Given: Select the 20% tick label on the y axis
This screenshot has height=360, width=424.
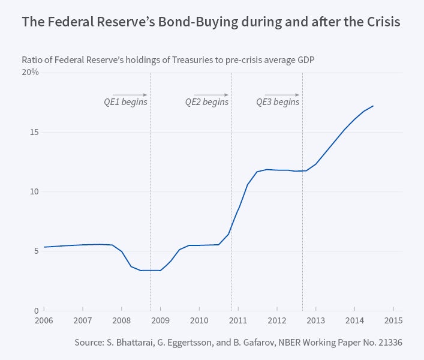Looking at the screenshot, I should (x=31, y=73).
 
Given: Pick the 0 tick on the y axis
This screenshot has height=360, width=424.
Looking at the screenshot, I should (x=37, y=311).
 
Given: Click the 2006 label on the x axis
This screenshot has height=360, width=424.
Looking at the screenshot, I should (x=44, y=320).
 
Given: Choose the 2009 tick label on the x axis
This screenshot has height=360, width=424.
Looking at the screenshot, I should (x=160, y=320).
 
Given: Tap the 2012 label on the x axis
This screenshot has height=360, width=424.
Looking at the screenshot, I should (x=276, y=320).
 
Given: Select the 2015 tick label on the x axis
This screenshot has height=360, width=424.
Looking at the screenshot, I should (x=393, y=320).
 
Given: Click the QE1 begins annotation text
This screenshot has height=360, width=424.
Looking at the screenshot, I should (x=125, y=102).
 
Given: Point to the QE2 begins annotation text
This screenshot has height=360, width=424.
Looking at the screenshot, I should (x=206, y=102).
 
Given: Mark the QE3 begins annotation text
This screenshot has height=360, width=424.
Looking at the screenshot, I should (x=278, y=102).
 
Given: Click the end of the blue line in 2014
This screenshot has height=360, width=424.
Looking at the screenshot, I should (x=373, y=106).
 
